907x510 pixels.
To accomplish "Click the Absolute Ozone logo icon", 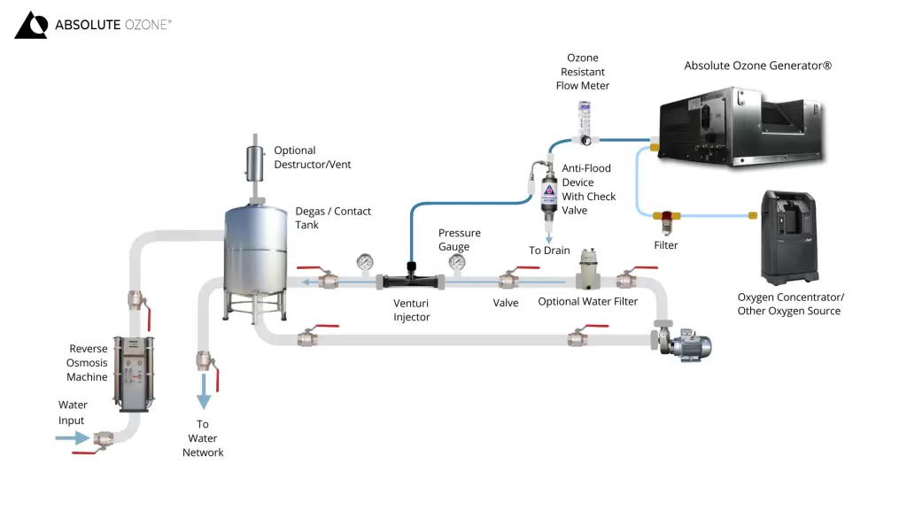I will tap(31, 26).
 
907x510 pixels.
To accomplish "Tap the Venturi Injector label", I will tap(412, 310).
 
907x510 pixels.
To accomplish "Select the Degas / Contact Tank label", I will tap(333, 218).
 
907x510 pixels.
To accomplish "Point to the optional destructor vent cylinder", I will tap(255, 164).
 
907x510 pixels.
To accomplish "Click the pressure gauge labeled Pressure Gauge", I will tap(457, 262).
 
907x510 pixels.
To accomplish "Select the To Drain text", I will tap(549, 251).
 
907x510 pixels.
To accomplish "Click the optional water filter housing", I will tap(589, 270).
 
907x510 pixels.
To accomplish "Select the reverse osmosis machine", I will tap(135, 373).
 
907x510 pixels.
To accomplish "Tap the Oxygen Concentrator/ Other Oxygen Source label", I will tap(790, 304).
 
